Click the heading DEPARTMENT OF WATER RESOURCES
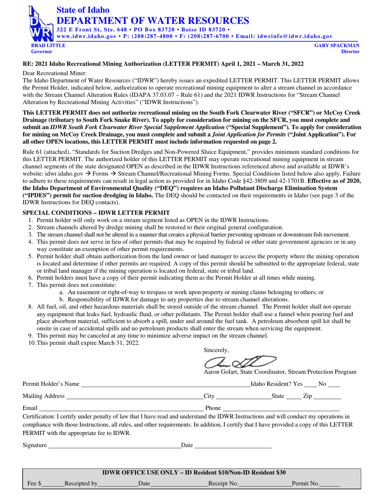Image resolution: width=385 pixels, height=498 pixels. (152, 20)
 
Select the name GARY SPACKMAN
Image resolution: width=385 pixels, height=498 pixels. (337, 46)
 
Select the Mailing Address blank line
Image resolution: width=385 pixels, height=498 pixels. (134, 398)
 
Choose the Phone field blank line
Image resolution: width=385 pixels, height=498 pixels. (281, 410)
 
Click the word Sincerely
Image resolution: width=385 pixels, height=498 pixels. (216, 350)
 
